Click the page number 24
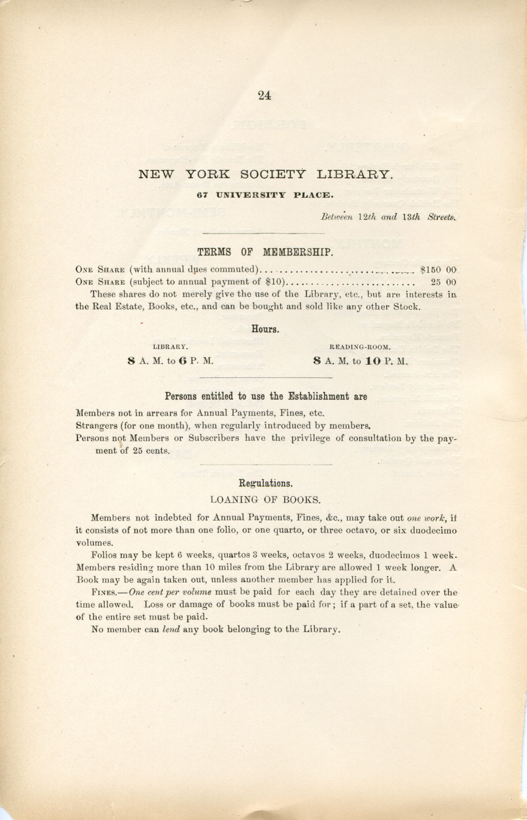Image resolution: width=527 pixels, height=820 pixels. tap(264, 95)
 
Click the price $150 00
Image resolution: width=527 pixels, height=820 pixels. tap(438, 270)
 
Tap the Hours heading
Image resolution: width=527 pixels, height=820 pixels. tap(264, 329)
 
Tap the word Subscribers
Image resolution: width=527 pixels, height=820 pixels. tap(213, 438)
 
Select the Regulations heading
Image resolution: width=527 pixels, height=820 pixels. tap(266, 483)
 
